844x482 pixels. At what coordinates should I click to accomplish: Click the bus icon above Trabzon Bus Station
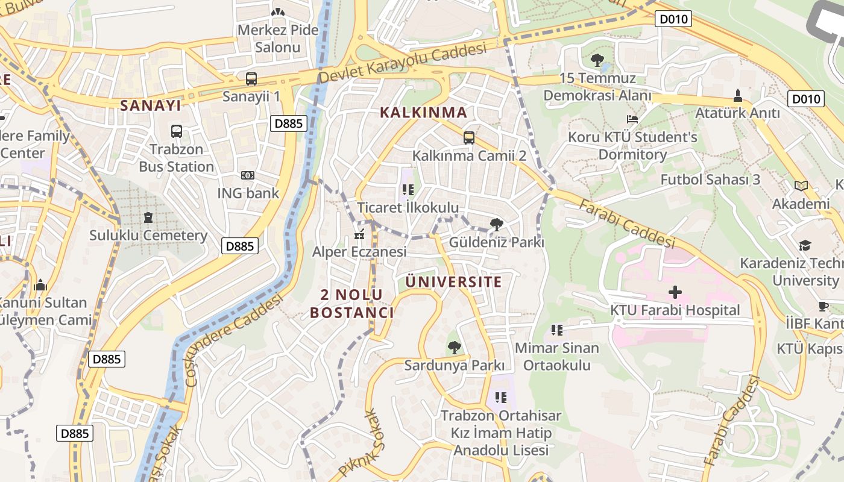pos(177,131)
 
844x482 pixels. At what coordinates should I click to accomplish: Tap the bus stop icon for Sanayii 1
pos(251,79)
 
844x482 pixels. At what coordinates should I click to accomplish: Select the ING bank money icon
pos(248,175)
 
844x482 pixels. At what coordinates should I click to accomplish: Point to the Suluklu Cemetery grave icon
pos(148,217)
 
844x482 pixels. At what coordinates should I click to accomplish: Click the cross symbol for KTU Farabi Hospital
pos(675,292)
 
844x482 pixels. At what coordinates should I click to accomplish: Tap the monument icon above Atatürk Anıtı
pos(737,95)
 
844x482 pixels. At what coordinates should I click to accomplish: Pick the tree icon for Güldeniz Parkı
pos(496,225)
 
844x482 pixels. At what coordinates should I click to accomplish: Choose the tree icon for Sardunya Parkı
pos(454,347)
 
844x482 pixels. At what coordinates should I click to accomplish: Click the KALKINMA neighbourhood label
pos(424,112)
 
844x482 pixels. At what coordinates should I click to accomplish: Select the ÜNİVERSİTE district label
pos(453,282)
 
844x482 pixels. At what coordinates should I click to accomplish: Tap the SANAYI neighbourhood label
pos(150,105)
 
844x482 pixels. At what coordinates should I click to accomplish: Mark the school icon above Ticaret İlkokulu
pos(408,190)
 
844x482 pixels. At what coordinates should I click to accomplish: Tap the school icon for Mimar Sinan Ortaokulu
pos(557,330)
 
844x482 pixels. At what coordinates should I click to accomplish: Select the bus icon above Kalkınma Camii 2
pos(469,138)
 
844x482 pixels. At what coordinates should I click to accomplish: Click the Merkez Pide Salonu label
pos(278,39)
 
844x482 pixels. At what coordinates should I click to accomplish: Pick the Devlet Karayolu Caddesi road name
pos(402,63)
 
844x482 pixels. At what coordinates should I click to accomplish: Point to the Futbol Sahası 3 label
pos(710,180)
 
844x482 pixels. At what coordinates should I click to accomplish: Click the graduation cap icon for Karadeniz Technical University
pos(805,245)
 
